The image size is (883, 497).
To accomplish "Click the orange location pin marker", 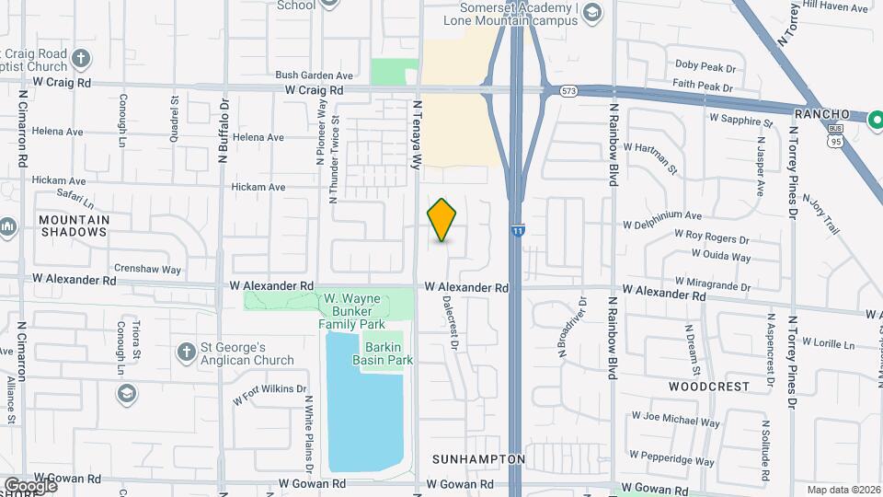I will [442, 220].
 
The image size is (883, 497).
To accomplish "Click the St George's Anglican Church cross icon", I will [185, 353].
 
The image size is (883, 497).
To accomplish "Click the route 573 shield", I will [570, 91].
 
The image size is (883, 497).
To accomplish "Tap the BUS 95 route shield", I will [834, 138].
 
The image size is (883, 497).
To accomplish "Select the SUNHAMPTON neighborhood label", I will [478, 458].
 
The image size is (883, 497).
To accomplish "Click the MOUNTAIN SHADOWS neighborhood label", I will [74, 225].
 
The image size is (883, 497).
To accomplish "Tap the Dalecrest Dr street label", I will [450, 321].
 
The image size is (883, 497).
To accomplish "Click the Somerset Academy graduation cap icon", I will [592, 11].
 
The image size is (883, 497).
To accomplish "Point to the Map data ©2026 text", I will [843, 490].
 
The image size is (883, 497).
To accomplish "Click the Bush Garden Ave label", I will [315, 75].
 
